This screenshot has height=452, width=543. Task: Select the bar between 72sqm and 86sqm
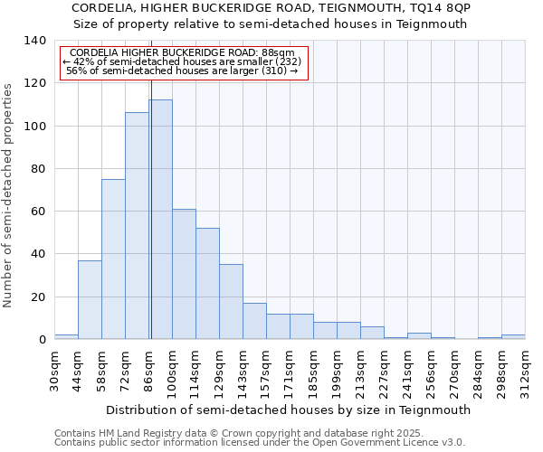click(137, 226)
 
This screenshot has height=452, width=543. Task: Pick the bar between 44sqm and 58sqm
click(90, 299)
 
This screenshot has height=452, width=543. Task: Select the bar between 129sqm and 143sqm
click(231, 302)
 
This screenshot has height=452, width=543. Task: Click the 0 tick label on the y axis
click(42, 340)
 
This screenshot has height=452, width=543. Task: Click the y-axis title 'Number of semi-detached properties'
click(9, 194)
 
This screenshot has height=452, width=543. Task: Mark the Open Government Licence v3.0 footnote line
click(259, 443)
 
